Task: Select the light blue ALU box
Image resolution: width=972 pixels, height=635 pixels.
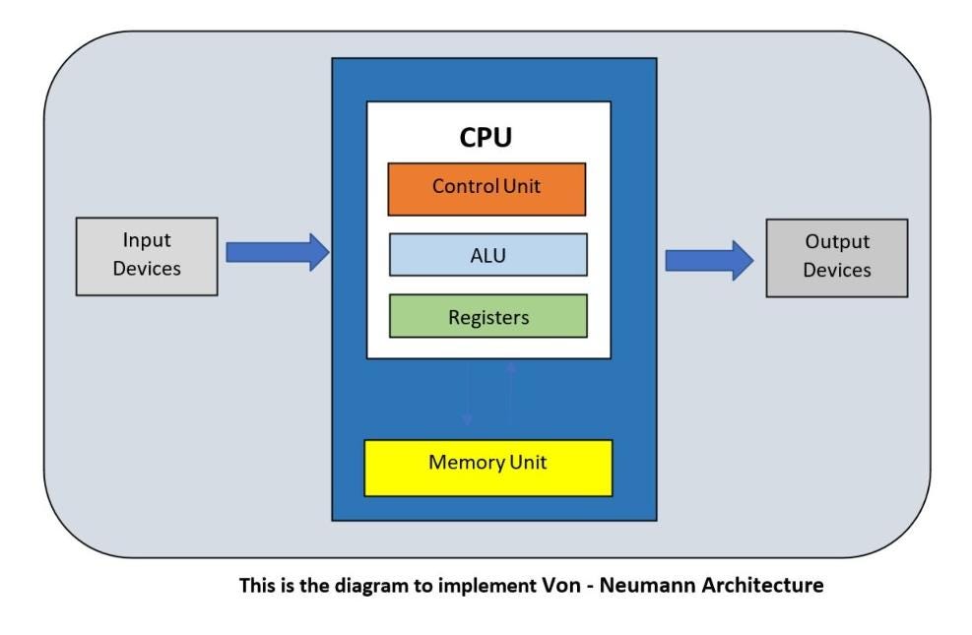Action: pos(487,255)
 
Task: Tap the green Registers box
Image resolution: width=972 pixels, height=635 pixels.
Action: pos(487,317)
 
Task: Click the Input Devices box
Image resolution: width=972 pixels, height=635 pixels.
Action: pos(147,256)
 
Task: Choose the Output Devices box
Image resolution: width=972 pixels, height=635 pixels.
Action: pos(836,258)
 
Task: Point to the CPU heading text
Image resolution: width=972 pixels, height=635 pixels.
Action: pos(486,137)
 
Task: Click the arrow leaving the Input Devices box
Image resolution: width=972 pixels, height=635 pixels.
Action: pos(277,252)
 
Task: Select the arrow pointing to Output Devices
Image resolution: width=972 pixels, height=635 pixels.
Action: pos(708,260)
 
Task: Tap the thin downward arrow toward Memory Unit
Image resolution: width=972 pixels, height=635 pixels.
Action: pos(467,394)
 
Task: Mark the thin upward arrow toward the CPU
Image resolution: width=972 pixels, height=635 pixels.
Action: pos(510,389)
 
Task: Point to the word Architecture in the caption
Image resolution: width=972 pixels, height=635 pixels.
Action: pos(762,586)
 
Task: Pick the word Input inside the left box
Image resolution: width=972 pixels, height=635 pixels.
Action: pos(147,240)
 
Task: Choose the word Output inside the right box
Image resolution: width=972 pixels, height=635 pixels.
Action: pos(837,242)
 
